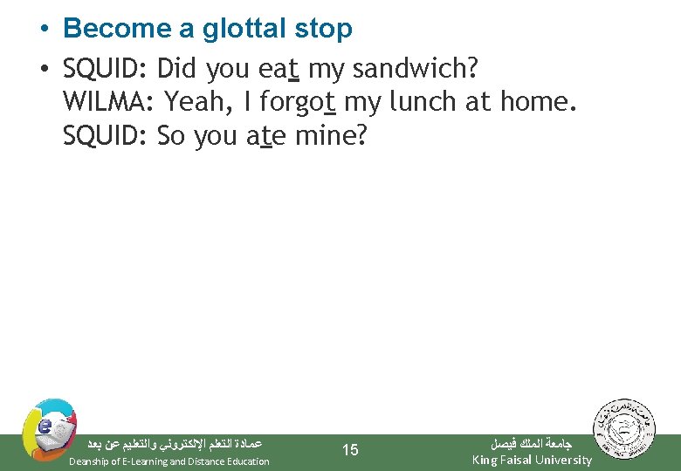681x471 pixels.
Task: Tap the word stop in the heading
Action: pyautogui.click(x=324, y=29)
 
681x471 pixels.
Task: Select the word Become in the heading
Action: pyautogui.click(x=118, y=29)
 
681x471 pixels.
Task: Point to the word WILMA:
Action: pyautogui.click(x=108, y=102)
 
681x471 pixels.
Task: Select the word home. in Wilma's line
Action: pyautogui.click(x=539, y=102)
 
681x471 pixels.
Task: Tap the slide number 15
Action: pyautogui.click(x=349, y=450)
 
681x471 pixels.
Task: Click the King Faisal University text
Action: pyautogui.click(x=531, y=460)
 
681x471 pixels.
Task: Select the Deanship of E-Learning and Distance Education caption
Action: pyautogui.click(x=169, y=461)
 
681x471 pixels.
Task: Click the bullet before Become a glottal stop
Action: pyautogui.click(x=43, y=30)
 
